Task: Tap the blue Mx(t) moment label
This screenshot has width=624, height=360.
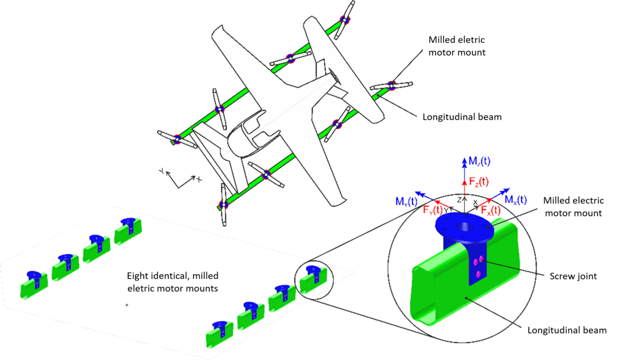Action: tap(515, 200)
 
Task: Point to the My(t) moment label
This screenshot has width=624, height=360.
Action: tap(406, 201)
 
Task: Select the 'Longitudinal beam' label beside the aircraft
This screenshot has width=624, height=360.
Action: tap(462, 117)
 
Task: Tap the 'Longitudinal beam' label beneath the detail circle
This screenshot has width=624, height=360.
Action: tap(567, 330)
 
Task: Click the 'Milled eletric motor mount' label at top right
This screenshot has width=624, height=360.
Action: tap(456, 46)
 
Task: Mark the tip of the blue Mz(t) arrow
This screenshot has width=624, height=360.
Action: tap(465, 157)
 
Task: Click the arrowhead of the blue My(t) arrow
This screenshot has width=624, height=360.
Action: tap(418, 192)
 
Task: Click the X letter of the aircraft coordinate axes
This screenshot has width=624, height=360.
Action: tap(199, 179)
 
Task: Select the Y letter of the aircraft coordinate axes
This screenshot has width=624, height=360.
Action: tap(160, 171)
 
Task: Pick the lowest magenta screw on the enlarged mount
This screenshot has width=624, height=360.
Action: tap(479, 274)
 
